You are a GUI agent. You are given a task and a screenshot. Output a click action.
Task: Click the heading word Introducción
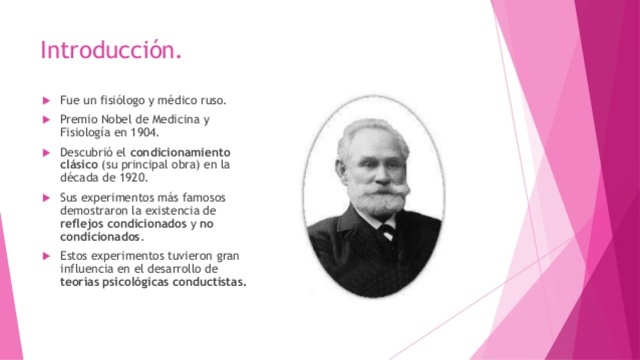coord(111,49)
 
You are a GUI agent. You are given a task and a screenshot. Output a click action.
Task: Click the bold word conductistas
coord(209,281)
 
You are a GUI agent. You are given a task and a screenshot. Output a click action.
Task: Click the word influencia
coord(89,268)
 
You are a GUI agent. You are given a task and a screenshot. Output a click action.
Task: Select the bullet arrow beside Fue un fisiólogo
coord(45,101)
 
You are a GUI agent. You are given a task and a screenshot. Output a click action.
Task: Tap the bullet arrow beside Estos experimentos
coord(45,255)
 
